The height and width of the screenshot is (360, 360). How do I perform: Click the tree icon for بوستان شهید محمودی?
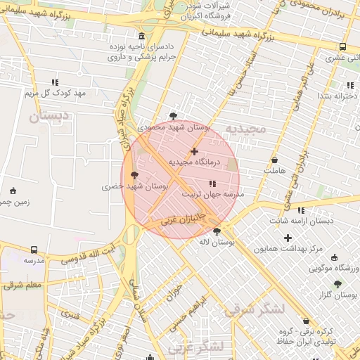coord(174,116)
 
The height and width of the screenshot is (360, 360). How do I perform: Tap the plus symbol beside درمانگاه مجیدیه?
coord(195,151)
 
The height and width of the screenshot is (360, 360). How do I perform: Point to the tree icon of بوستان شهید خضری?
coord(135,176)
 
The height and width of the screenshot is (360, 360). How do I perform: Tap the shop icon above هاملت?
coord(274,160)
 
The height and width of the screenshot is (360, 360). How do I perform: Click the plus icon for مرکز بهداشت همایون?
coord(288,238)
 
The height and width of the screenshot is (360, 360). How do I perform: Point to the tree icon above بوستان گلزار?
coord(338,284)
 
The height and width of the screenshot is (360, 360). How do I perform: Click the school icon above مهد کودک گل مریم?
coord(55,82)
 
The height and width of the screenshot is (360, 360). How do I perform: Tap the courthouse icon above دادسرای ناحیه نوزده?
coord(142,36)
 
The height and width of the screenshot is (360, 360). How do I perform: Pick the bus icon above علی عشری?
coord(342,47)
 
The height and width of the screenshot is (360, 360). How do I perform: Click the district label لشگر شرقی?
coord(257,308)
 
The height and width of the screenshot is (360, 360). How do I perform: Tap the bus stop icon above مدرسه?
coord(34,250)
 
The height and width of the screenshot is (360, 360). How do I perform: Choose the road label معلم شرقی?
coord(22,285)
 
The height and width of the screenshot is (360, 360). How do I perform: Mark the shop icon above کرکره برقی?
coord(307,320)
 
